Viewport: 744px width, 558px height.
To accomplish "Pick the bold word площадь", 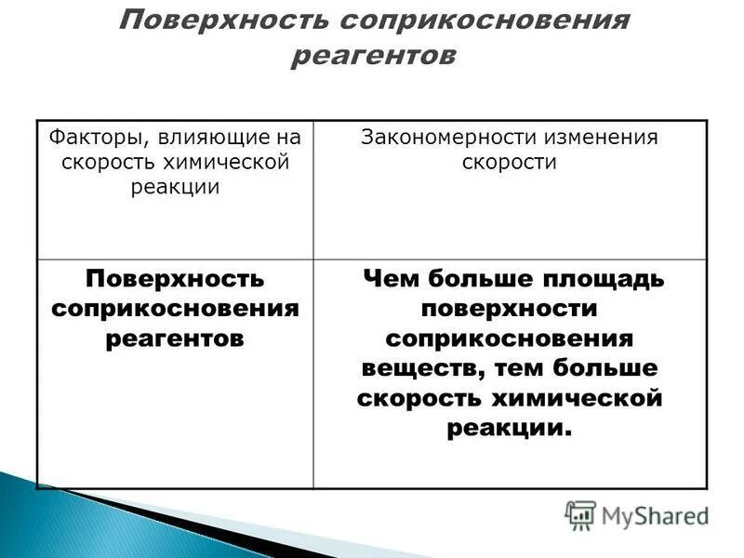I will [x=609, y=278].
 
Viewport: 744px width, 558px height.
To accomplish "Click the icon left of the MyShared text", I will [x=580, y=515].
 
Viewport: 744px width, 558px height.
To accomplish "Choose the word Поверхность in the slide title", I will [x=223, y=20].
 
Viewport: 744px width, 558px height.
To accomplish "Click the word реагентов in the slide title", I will [x=374, y=56].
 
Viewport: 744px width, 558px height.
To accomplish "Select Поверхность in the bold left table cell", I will [x=175, y=278].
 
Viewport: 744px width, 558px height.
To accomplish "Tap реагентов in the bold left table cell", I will [x=175, y=338].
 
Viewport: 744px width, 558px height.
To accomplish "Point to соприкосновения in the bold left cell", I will [x=175, y=308].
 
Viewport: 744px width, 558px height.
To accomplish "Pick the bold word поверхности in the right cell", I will [x=510, y=308].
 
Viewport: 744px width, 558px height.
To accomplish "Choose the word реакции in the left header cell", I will [x=175, y=186].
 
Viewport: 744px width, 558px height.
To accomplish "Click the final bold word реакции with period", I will [x=508, y=428].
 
